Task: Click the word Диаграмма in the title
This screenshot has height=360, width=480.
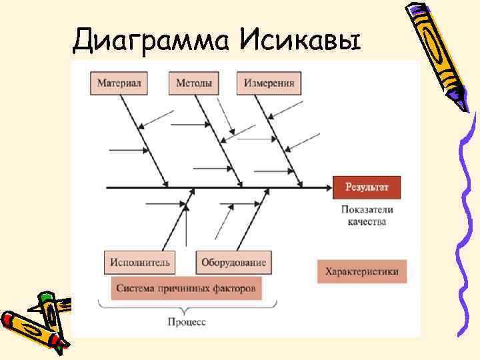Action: point(152,41)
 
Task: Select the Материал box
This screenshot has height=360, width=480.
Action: point(119,83)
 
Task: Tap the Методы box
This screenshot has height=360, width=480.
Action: point(194,83)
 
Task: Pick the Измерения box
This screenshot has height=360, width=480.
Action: point(269,83)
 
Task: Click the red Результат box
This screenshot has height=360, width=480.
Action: point(367,188)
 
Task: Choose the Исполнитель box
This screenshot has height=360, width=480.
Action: point(140,262)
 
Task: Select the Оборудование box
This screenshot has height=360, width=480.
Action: point(233,262)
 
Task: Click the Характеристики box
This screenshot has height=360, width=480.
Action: point(361,271)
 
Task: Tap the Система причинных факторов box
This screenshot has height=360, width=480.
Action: point(186,289)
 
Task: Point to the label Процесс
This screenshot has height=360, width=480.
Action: point(186,322)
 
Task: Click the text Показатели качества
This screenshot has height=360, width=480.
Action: point(367,215)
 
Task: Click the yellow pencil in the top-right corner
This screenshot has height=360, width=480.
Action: point(440,53)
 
